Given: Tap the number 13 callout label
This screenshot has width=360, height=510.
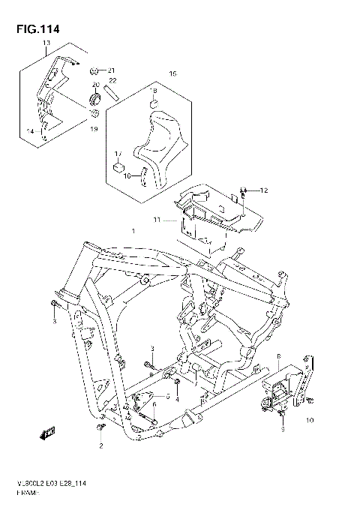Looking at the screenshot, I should [46, 44].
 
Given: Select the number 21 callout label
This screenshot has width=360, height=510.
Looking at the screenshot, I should [112, 70].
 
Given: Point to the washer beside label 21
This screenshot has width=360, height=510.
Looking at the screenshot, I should [95, 70].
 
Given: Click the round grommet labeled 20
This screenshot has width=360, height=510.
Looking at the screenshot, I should [94, 99].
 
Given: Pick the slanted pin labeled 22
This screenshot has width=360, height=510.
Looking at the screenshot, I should [111, 94].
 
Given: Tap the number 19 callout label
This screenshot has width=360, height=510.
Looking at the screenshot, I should [94, 129].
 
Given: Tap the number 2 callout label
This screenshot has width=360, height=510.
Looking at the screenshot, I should [100, 445].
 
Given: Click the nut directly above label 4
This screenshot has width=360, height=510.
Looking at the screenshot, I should [177, 387].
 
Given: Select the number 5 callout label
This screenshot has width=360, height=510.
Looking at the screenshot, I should [168, 397].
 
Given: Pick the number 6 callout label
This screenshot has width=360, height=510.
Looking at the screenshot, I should [154, 404].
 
